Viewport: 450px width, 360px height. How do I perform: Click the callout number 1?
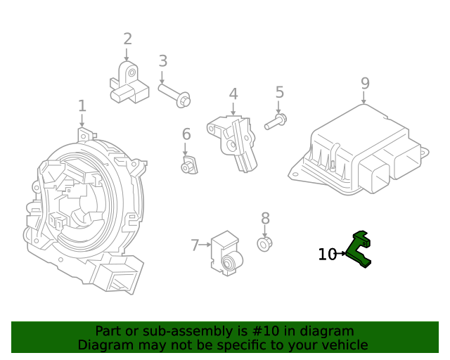point(82,106)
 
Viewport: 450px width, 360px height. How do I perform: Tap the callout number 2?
point(127,39)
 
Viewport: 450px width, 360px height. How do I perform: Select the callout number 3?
point(162,61)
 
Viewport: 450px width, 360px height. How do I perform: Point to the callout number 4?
point(233,94)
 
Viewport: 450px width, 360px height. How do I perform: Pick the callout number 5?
point(279,92)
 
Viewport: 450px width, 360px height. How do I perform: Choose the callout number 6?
point(186,134)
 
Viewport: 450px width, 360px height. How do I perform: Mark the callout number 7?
point(195,245)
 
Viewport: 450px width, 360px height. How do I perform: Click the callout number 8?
point(265,218)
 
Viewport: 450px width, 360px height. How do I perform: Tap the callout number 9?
point(364,84)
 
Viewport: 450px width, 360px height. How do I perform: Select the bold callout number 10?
point(327,255)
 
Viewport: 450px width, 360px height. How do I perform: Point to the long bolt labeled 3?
point(174,96)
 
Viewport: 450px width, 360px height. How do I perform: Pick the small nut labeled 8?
point(265,244)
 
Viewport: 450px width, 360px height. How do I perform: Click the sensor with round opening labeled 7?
point(226,253)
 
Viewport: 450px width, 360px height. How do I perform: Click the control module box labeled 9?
point(359,155)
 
